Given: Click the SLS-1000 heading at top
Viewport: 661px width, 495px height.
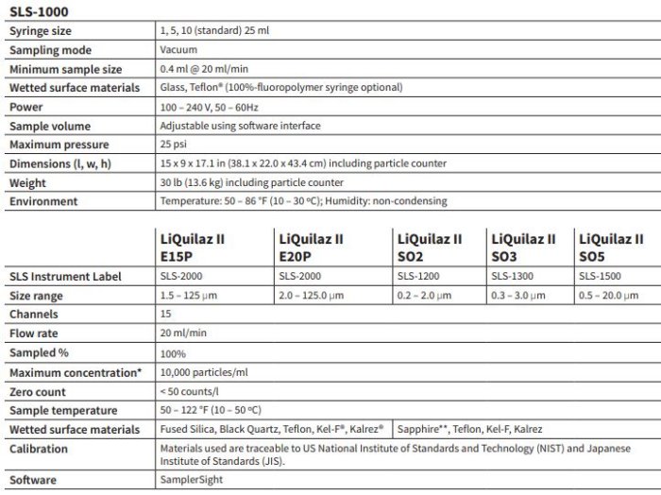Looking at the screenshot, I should pyautogui.click(x=39, y=11).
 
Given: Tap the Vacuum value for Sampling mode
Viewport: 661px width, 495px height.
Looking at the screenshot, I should pyautogui.click(x=178, y=50).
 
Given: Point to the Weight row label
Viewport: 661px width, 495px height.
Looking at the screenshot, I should pyautogui.click(x=30, y=182).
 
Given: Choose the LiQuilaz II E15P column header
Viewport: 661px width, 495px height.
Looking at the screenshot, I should pyautogui.click(x=192, y=247).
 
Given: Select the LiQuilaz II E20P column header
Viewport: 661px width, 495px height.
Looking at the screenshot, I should pyautogui.click(x=310, y=247).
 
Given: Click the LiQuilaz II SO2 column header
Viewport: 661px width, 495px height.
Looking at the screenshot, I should pyautogui.click(x=429, y=247).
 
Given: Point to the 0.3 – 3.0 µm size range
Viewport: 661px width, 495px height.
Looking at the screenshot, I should pyautogui.click(x=519, y=296).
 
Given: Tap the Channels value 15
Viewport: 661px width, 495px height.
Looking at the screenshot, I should pyautogui.click(x=166, y=315).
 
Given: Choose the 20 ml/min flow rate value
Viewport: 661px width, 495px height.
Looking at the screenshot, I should pyautogui.click(x=183, y=333).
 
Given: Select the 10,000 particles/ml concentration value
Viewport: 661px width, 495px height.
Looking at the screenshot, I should pyautogui.click(x=205, y=372).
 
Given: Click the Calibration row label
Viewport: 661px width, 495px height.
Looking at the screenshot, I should pyautogui.click(x=39, y=449).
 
